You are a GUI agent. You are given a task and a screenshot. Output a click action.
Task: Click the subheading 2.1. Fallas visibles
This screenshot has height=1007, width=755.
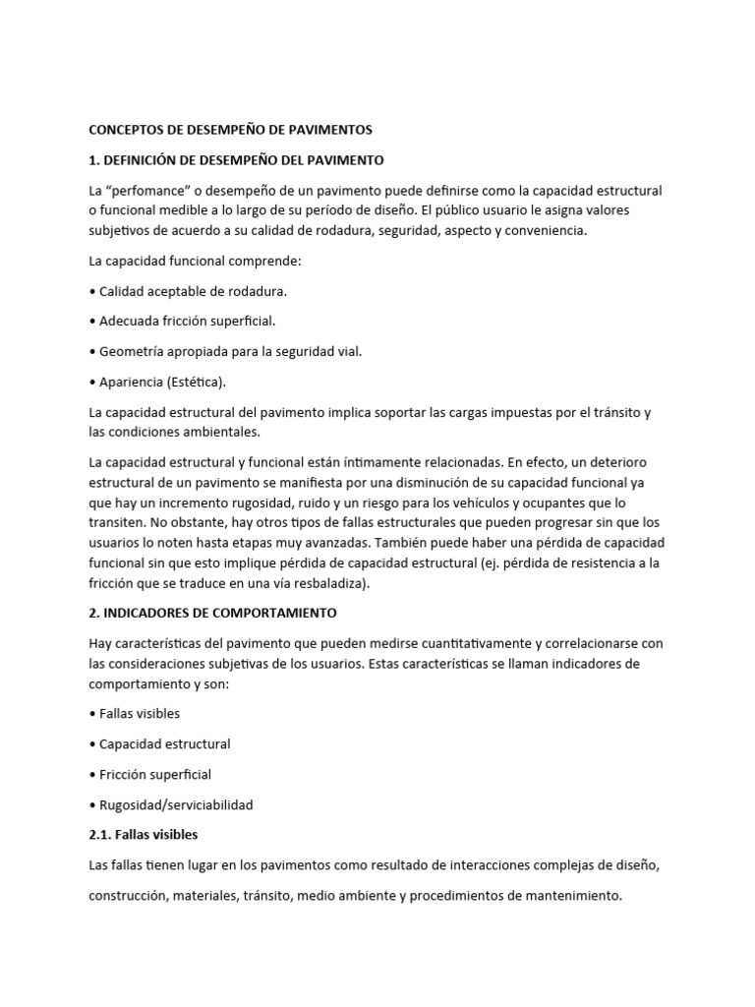pyautogui.click(x=143, y=835)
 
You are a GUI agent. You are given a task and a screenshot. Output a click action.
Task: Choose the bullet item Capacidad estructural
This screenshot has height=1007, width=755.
pyautogui.click(x=164, y=743)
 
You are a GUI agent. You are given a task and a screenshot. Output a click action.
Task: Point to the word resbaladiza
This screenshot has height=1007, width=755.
pyautogui.click(x=330, y=583)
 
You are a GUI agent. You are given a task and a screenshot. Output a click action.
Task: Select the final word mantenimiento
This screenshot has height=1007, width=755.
pyautogui.click(x=570, y=896)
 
